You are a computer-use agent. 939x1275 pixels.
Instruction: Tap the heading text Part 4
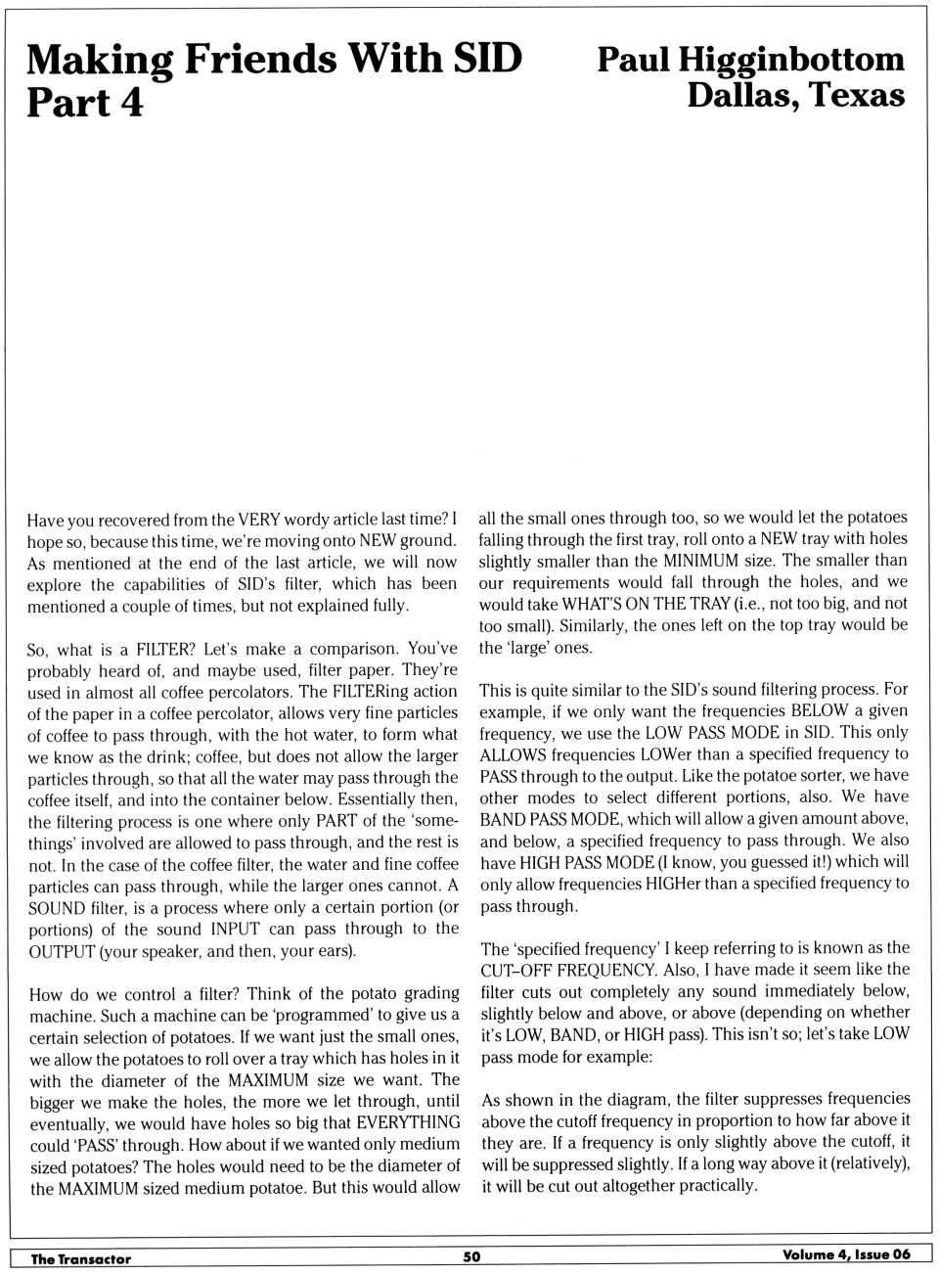tap(85, 103)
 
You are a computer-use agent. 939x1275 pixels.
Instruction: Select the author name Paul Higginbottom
tap(750, 60)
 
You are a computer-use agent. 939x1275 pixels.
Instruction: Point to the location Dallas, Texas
tap(795, 96)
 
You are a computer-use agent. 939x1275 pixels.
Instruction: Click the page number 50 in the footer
tap(471, 1256)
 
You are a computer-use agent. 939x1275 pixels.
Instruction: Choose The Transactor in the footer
tap(80, 1258)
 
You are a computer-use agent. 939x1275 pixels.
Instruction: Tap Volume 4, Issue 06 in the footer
tap(846, 1254)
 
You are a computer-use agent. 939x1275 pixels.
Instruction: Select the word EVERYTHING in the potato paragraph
tap(408, 1122)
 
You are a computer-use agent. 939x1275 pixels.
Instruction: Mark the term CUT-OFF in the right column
tap(514, 970)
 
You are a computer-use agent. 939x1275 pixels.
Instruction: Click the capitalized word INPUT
tap(235, 929)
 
